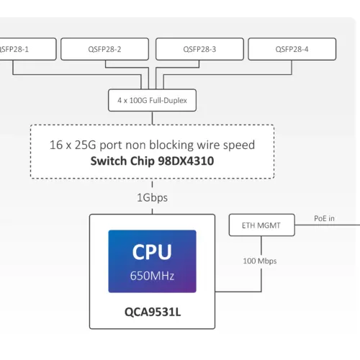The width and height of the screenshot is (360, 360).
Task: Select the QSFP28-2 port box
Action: coord(104,49)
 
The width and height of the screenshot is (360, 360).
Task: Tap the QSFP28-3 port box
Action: coord(199,49)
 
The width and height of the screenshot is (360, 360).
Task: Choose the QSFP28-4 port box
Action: coord(292,49)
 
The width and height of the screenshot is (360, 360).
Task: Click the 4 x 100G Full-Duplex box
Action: coord(152,101)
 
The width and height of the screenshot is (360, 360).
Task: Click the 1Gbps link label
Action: coord(152,197)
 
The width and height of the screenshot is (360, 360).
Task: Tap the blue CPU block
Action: coord(152,261)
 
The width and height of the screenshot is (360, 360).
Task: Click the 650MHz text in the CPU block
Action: coord(152,275)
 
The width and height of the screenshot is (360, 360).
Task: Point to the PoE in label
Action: coord(324,217)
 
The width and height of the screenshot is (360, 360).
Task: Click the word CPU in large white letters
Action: coord(152,252)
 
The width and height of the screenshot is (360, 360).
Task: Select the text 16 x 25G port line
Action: coord(152,145)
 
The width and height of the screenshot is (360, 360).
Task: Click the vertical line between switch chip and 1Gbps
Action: coord(152,184)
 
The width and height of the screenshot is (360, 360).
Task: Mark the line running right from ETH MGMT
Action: coord(317,225)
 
